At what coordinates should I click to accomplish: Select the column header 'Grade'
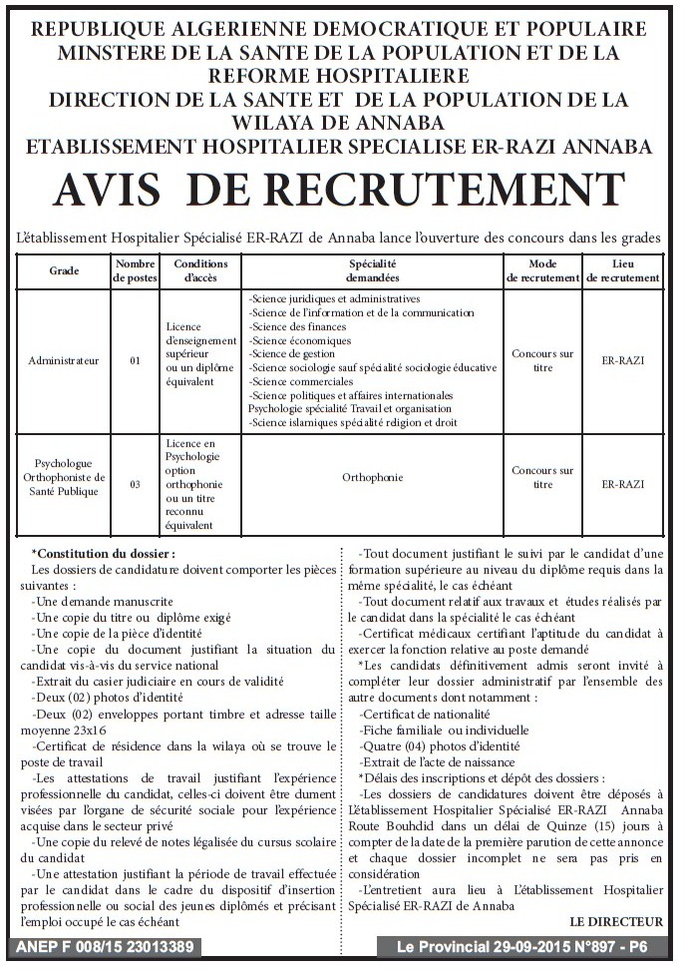(x=64, y=270)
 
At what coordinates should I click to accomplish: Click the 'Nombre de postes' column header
(x=136, y=270)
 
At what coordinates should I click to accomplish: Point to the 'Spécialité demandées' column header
(x=373, y=270)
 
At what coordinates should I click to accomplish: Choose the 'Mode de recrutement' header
(x=542, y=270)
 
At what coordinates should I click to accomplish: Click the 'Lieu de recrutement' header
(x=623, y=270)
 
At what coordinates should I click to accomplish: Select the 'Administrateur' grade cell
(x=64, y=360)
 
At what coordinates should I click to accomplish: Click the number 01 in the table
(x=136, y=360)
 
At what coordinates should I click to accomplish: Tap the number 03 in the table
(x=136, y=484)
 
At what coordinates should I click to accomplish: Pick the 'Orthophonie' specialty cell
(x=373, y=477)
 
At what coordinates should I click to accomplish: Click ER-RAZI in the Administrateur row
(x=623, y=360)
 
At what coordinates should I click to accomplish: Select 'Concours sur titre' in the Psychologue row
(x=542, y=477)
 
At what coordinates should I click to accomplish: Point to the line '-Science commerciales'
(x=294, y=381)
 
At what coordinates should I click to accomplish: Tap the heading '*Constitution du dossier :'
(x=103, y=552)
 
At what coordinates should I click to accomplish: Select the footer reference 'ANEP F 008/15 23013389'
(x=105, y=946)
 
